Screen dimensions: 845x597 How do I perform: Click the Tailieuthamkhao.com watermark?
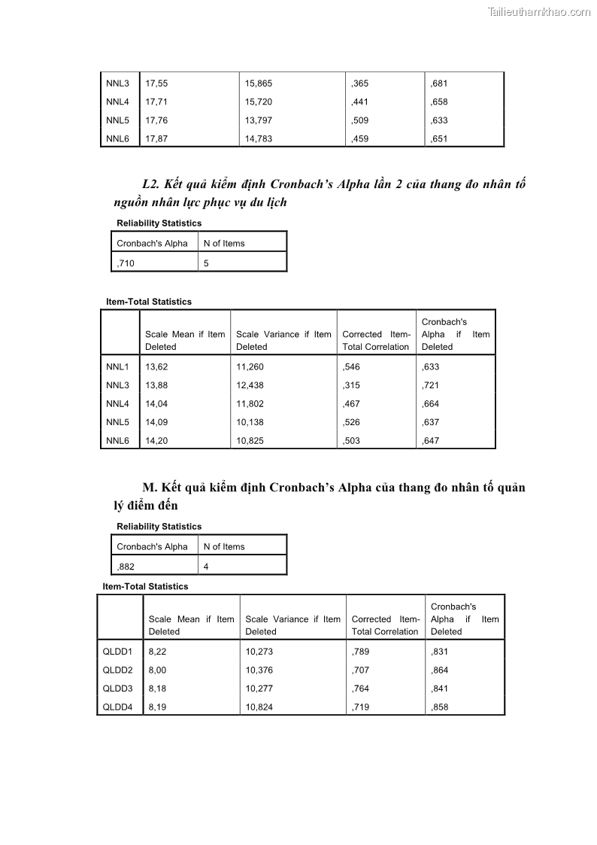pos(539,11)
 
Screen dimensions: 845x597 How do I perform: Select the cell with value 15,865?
pos(259,84)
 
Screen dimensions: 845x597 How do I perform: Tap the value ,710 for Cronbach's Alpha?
pos(126,263)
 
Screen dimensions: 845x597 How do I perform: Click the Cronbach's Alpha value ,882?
pos(126,567)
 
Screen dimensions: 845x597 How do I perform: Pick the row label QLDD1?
pos(117,652)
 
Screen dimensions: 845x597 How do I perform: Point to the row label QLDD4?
pos(117,707)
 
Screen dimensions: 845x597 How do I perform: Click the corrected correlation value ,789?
pos(360,652)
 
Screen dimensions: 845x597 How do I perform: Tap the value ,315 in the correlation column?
pos(351,385)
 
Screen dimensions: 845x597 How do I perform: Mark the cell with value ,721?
pos(430,385)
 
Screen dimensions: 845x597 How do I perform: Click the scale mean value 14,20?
pos(157,441)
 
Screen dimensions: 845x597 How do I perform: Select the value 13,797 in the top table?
pos(259,120)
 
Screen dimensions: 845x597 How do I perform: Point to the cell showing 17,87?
pos(156,138)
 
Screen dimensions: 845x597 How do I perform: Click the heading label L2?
pos(150,184)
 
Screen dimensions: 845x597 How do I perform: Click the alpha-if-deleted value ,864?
pos(439,670)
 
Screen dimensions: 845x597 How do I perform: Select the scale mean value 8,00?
pos(157,670)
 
